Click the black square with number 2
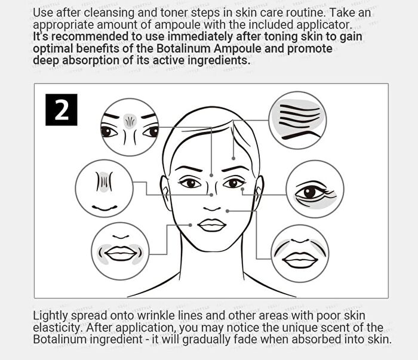click(62, 109)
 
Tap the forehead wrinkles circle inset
click(297, 120)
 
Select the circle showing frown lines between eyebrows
click(130, 127)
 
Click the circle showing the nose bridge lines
click(105, 189)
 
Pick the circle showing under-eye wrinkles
click(315, 189)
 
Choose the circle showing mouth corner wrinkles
click(120, 252)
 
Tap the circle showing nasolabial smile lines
click(300, 253)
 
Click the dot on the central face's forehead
click(233, 158)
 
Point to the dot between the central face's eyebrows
click(211, 176)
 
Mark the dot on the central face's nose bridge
click(211, 195)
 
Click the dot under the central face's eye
click(242, 189)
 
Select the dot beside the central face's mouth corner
click(190, 225)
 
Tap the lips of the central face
click(212, 226)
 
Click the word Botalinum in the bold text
click(183, 48)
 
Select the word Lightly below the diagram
click(50, 316)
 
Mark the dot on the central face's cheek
click(228, 211)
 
